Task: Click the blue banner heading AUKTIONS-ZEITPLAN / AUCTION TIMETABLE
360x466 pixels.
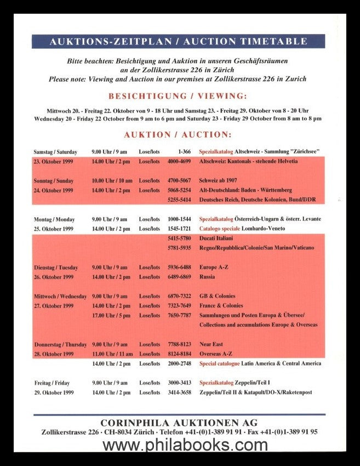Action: click(x=178, y=42)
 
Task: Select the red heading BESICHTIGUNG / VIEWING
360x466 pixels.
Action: click(x=178, y=95)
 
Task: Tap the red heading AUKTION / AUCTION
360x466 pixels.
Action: click(x=178, y=135)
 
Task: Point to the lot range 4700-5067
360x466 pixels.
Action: click(x=179, y=180)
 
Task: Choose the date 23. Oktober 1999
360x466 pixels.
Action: click(x=53, y=161)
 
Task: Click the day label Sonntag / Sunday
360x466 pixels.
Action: click(x=54, y=180)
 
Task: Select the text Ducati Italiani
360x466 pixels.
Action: click(x=216, y=238)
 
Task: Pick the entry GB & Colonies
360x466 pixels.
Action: click(x=218, y=296)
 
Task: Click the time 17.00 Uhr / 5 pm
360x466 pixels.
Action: click(x=111, y=315)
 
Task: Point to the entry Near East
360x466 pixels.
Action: click(x=211, y=344)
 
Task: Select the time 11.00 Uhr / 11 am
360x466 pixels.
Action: click(x=112, y=354)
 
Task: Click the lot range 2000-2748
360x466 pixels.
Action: click(x=179, y=363)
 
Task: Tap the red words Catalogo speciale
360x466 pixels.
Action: click(x=218, y=228)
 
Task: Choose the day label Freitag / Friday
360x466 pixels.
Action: click(x=52, y=383)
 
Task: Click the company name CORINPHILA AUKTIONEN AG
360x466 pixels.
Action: click(x=179, y=422)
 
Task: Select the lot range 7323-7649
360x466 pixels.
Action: click(x=179, y=305)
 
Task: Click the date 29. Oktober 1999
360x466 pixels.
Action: click(x=53, y=393)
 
